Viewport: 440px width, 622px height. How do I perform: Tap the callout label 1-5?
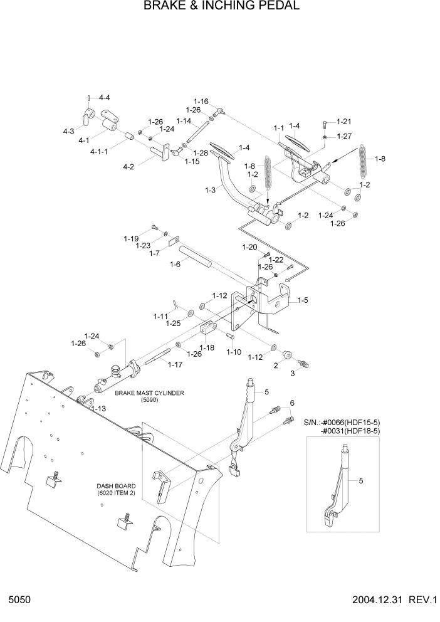click(x=302, y=300)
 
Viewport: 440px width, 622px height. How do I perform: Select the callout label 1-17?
click(x=175, y=364)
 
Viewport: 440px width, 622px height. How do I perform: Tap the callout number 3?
click(x=291, y=373)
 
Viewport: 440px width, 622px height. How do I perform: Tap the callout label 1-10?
click(x=233, y=352)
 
